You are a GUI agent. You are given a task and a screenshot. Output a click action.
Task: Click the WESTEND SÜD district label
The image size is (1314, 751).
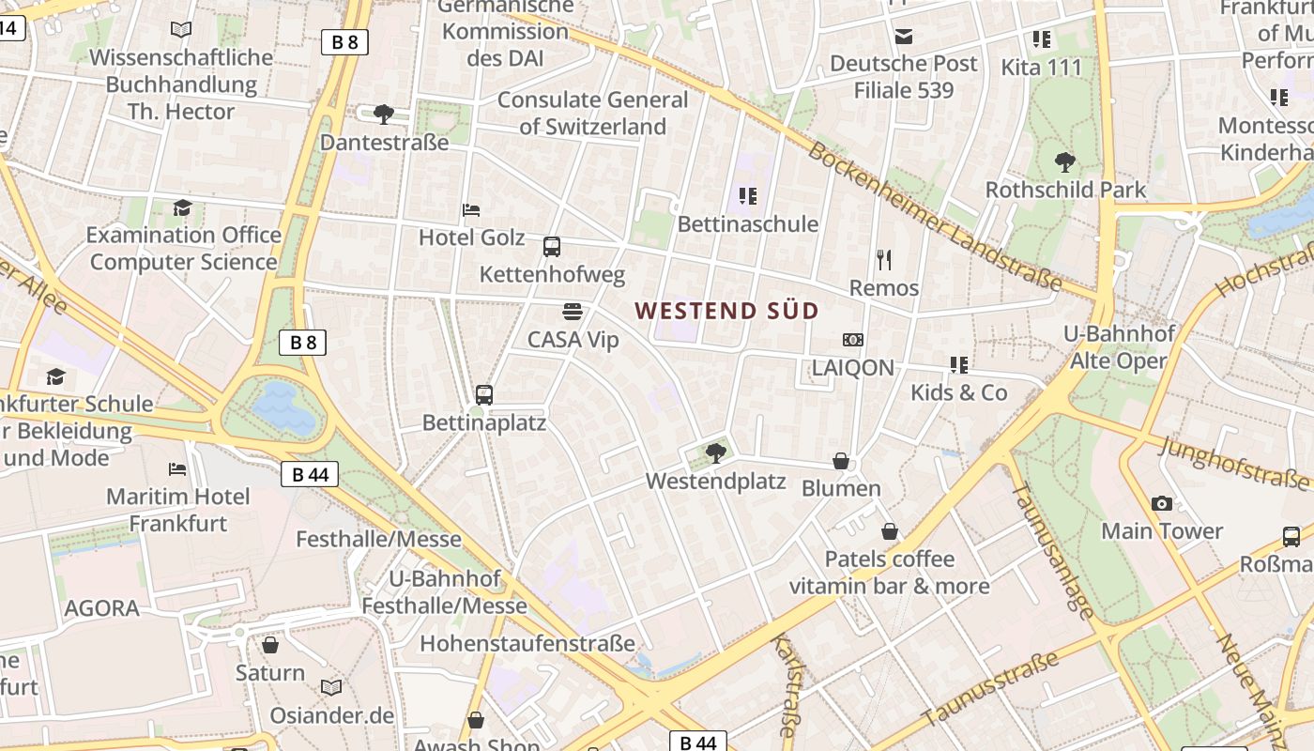(726, 311)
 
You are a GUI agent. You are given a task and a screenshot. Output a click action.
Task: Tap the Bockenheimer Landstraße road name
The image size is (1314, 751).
(934, 217)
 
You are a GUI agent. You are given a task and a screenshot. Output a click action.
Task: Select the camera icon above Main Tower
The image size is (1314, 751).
(1162, 504)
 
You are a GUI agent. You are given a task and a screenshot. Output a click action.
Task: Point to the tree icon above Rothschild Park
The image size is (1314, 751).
(1065, 162)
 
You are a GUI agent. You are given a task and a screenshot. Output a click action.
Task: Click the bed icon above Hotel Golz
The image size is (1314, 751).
(471, 210)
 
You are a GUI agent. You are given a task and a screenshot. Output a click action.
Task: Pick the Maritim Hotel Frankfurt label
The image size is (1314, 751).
(178, 510)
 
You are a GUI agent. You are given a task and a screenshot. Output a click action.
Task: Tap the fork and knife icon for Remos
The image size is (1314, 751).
(883, 260)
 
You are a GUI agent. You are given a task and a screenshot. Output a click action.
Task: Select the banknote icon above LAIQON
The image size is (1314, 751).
(852, 340)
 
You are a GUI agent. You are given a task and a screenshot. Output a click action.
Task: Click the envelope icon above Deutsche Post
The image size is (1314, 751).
(904, 37)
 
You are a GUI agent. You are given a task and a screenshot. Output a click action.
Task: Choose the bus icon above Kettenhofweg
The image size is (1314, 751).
(552, 247)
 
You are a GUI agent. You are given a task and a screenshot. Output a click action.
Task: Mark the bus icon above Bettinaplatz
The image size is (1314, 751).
(484, 395)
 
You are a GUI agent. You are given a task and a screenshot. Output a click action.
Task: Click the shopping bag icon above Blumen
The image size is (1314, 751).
(841, 461)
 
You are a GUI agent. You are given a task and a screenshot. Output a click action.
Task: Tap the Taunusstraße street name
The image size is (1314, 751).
(991, 690)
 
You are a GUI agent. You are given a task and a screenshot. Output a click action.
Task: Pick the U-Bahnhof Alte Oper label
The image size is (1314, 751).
(1118, 347)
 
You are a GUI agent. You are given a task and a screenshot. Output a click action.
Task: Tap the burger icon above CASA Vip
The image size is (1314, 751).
(573, 312)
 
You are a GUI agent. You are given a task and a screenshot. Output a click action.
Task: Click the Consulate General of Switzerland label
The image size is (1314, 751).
(592, 113)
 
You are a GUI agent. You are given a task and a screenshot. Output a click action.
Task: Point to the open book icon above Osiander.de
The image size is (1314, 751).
(331, 688)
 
